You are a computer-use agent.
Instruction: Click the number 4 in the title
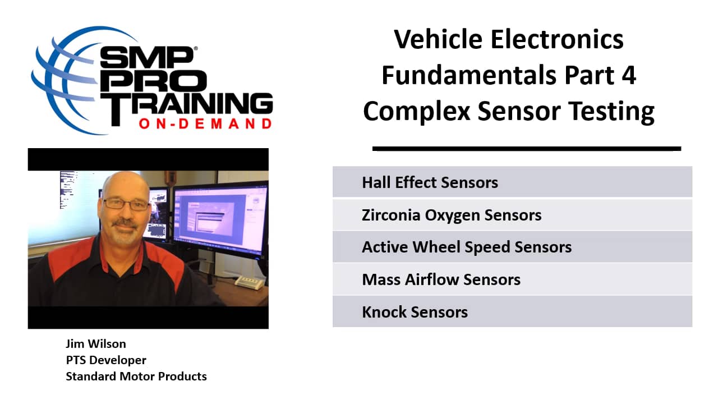[628, 75]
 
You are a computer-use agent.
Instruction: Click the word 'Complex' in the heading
[416, 111]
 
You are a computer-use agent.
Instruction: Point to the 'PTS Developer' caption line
[106, 360]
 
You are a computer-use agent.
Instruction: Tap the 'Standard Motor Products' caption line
[136, 377]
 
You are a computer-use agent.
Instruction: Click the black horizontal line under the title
[526, 149]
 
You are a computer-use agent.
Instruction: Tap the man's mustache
[125, 223]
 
